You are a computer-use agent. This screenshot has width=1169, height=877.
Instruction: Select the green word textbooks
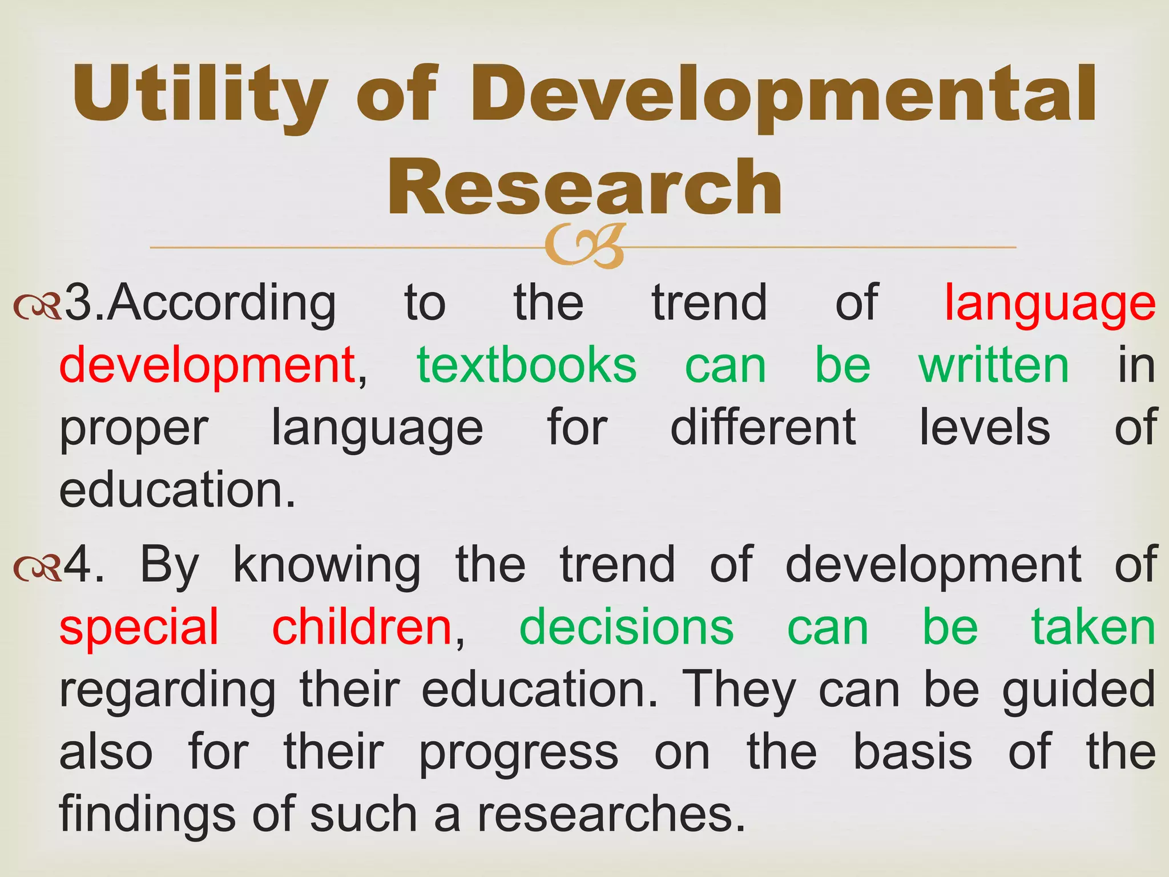click(x=526, y=365)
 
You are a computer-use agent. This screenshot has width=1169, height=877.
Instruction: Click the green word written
click(x=993, y=365)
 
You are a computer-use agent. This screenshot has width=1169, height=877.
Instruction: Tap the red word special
click(x=139, y=628)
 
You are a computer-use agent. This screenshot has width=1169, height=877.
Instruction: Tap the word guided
click(x=1079, y=691)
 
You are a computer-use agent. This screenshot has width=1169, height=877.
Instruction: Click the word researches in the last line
click(x=605, y=813)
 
